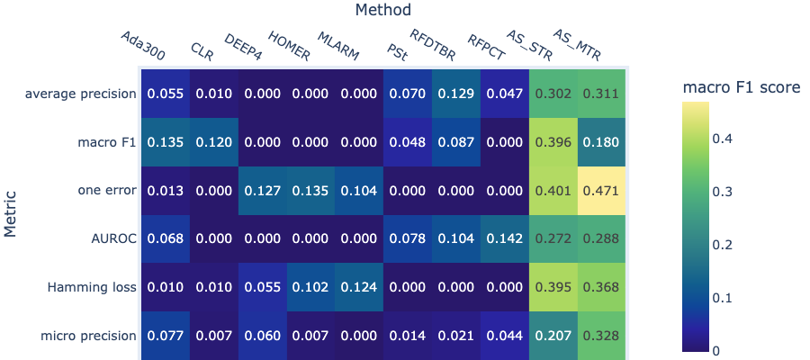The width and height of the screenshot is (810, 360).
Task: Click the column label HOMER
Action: (289, 50)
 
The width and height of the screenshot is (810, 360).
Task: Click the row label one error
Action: (105, 190)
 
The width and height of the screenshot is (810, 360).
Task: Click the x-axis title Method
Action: (383, 11)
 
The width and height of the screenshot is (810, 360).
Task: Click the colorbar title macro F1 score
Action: (742, 87)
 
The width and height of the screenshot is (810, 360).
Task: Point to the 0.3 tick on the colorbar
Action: (722, 192)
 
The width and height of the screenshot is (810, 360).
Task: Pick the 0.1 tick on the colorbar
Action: (722, 298)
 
